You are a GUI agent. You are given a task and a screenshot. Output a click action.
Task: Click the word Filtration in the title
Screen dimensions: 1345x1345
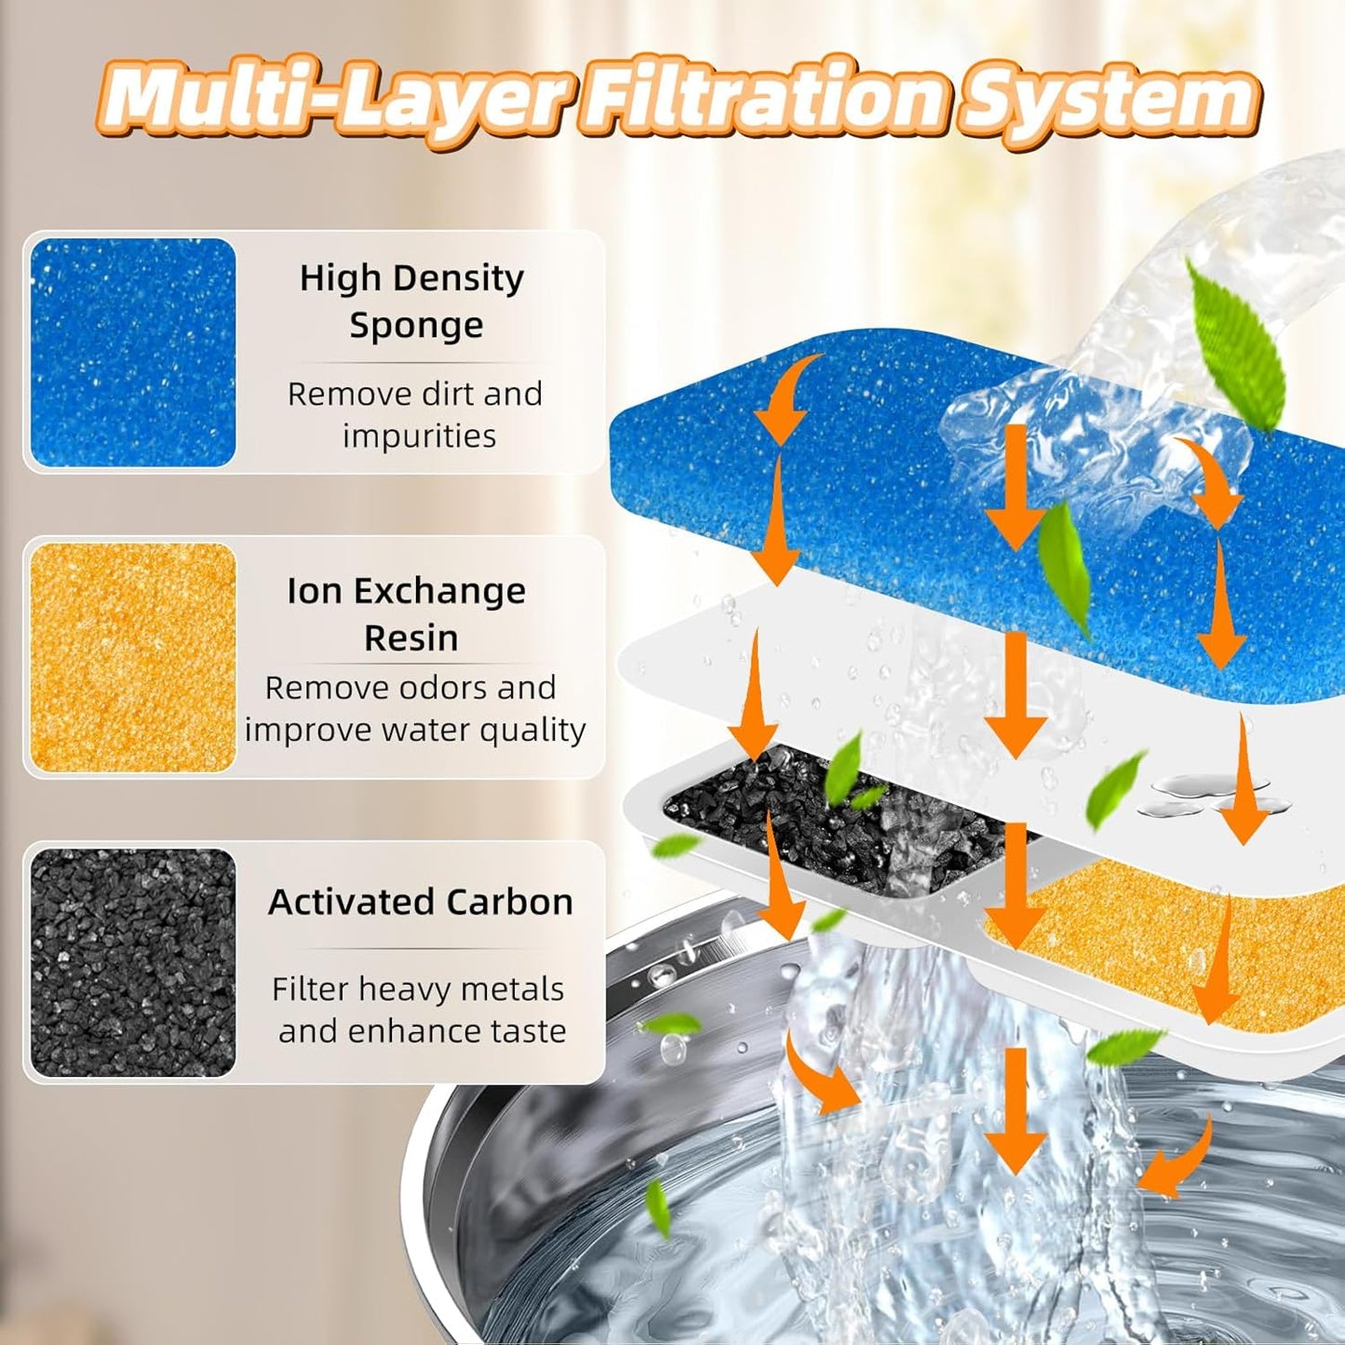tap(765, 100)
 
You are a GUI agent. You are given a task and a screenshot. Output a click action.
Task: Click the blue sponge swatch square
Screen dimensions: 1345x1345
tap(133, 353)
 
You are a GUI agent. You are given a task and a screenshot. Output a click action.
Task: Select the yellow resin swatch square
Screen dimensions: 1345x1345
tap(133, 657)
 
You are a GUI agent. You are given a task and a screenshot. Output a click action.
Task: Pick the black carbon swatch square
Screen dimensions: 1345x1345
tap(133, 962)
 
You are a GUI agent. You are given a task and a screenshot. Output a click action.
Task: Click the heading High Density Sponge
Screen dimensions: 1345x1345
tap(412, 301)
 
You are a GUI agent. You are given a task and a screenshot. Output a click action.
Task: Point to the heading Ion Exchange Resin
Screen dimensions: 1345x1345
tap(407, 613)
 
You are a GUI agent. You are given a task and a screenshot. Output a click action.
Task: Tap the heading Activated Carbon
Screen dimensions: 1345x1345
tap(421, 902)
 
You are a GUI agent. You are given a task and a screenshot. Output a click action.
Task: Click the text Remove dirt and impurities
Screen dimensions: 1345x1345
tap(415, 414)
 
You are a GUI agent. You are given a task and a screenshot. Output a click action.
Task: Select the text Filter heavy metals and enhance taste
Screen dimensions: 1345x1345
tap(420, 1010)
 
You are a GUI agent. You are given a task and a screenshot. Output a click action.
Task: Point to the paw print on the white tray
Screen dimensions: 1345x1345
tap(1201, 791)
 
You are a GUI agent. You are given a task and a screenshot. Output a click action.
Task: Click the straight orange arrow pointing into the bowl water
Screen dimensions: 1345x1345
tap(1015, 1108)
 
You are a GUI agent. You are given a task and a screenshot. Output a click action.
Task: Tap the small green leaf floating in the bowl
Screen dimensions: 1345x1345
tap(657, 1207)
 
